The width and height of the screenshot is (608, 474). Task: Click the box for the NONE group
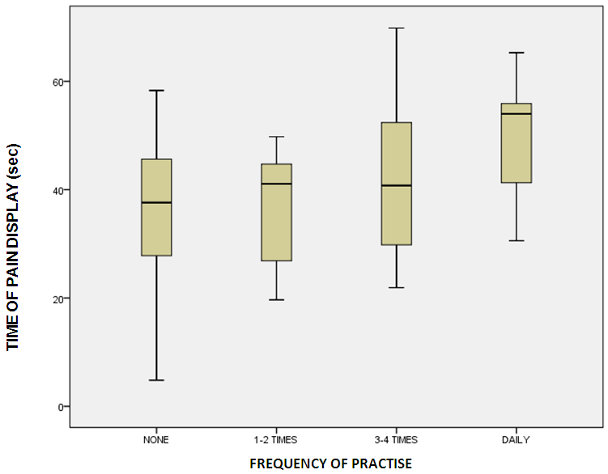156,226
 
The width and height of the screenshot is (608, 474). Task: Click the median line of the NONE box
156,202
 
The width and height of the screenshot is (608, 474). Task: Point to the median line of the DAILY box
517,113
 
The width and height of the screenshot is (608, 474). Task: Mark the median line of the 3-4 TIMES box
396,185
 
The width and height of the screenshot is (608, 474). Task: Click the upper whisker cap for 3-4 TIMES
396,28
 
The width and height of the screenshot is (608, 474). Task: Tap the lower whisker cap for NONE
156,380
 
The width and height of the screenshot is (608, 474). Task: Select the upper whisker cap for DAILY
517,53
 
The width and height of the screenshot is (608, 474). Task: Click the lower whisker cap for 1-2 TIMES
276,300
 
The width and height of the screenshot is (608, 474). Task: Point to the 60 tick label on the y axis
56,82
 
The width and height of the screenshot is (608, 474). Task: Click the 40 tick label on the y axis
56,190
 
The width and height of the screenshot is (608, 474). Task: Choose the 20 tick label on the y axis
56,298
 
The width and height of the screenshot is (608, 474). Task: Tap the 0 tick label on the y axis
58,407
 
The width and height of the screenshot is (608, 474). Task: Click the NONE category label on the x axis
156,440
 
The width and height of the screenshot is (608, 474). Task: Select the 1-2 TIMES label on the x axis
276,440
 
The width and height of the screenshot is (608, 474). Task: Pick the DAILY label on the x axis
517,440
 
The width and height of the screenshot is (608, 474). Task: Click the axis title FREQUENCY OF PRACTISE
330,463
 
